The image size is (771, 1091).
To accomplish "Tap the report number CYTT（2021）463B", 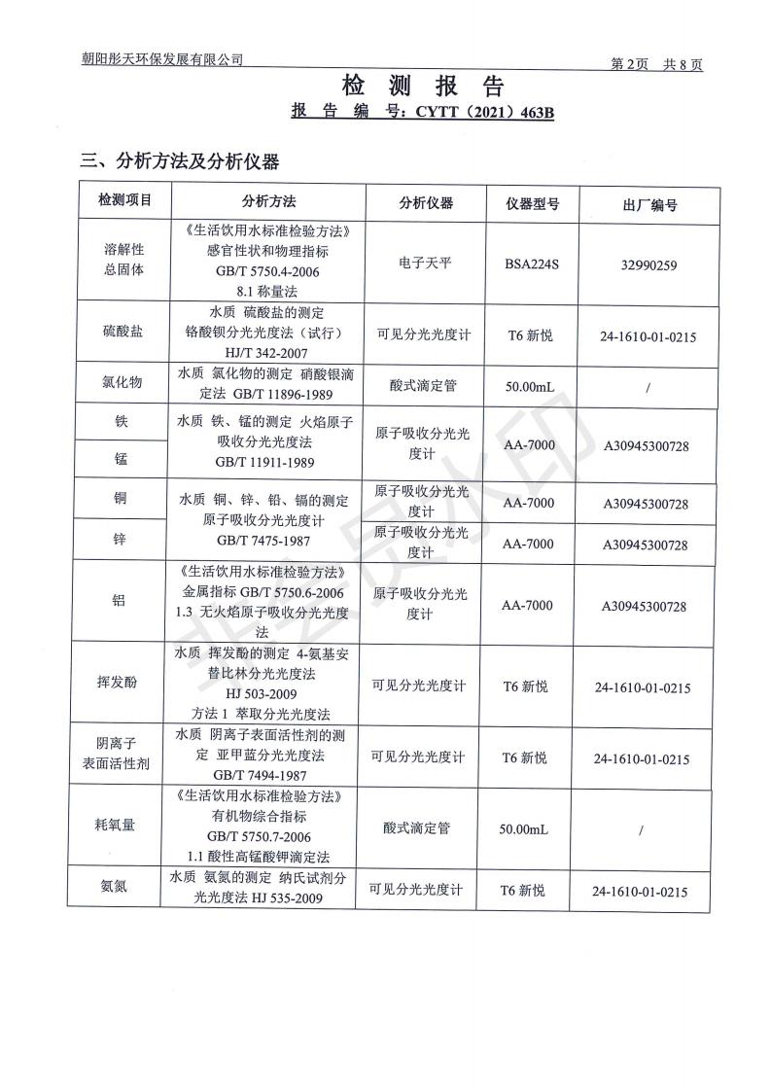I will coord(484,113).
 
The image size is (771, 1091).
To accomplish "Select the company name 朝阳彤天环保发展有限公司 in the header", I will coord(162,59).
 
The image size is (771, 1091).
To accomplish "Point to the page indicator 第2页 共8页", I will coord(656,64).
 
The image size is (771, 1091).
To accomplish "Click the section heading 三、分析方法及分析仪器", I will coord(180,160).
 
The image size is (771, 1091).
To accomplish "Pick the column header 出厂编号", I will coord(648,205).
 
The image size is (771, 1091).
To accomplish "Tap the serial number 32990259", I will coord(648,263).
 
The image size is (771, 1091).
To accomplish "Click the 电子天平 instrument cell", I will coord(425,263).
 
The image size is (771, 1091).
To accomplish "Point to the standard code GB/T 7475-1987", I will coord(263,540).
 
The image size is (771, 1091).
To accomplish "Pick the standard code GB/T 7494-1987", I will coord(263,775).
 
